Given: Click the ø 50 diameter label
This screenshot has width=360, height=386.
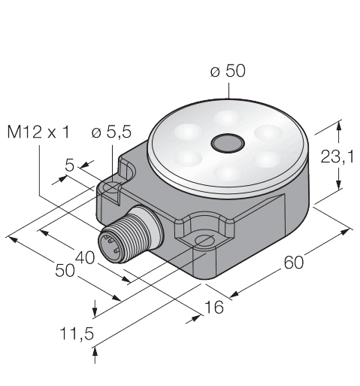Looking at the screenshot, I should [x=227, y=71].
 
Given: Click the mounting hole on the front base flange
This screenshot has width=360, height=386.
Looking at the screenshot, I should [x=204, y=240].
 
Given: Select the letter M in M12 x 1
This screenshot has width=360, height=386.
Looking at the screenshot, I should [x=13, y=133].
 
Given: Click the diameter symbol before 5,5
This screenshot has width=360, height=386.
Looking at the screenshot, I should [x=95, y=133].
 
